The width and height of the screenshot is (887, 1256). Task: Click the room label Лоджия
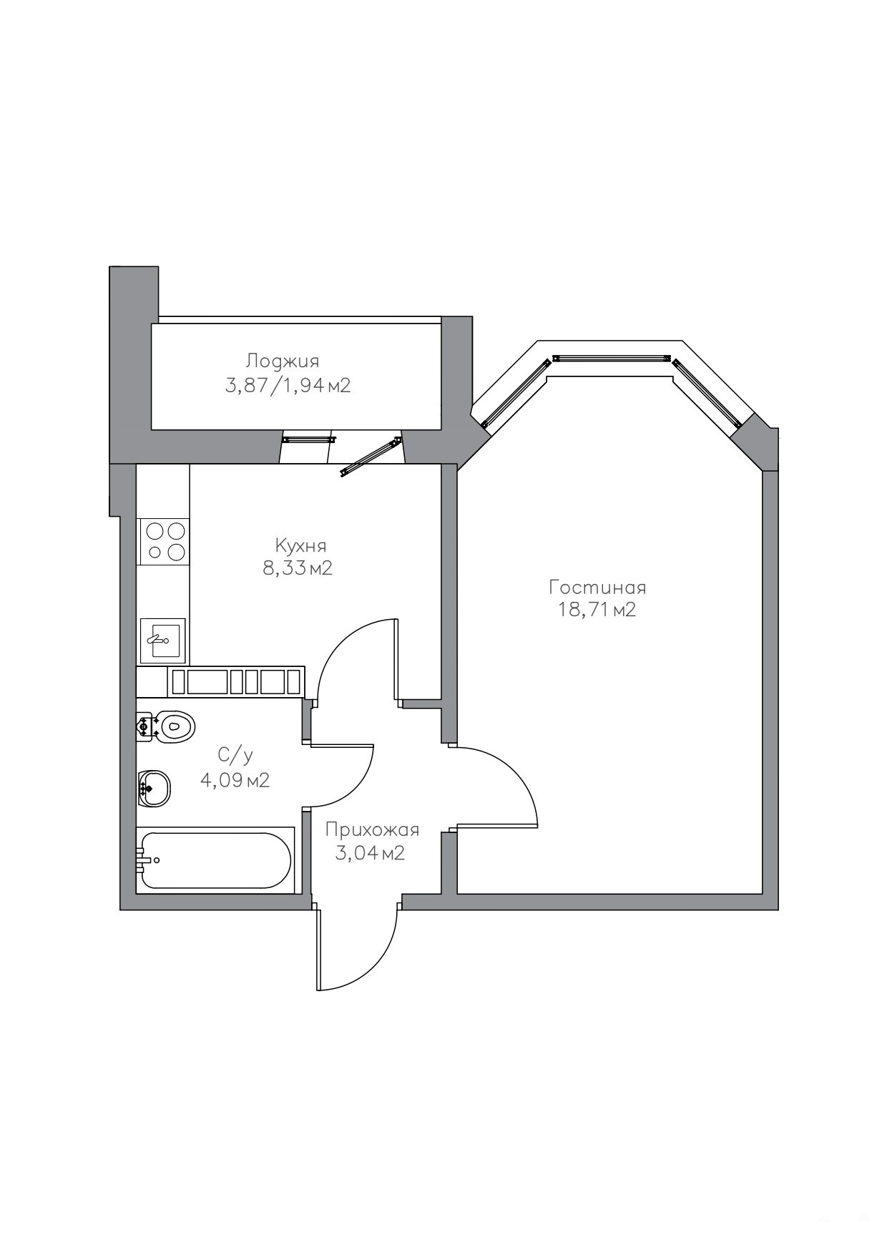tap(283, 361)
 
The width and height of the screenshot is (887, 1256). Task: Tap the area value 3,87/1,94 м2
tap(288, 386)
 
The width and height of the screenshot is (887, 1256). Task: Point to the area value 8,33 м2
tap(298, 569)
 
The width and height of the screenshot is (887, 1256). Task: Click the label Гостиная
tap(597, 588)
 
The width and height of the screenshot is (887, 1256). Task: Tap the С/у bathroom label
tap(235, 755)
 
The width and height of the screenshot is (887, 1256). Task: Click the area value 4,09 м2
tap(235, 780)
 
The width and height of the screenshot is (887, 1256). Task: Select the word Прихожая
tap(372, 830)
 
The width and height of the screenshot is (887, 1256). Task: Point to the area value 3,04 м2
tap(370, 853)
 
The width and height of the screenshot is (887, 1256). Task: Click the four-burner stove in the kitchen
tap(165, 541)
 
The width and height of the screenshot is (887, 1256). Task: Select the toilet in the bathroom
tap(165, 727)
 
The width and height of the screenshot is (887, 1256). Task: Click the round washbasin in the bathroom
tap(154, 789)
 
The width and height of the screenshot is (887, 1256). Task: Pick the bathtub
tap(215, 861)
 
